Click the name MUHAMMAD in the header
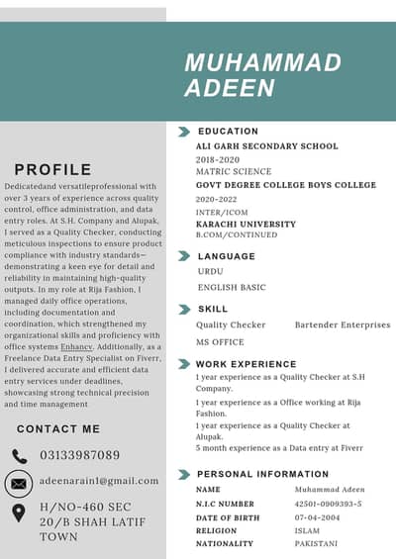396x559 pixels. pyautogui.click(x=262, y=63)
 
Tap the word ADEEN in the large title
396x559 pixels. pyautogui.click(x=229, y=88)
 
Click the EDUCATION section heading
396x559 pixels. pyautogui.click(x=228, y=131)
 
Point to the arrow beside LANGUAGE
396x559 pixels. pyautogui.click(x=184, y=255)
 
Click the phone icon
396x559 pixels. pyautogui.click(x=20, y=456)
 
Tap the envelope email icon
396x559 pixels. pyautogui.click(x=19, y=483)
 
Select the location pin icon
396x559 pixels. pyautogui.click(x=19, y=513)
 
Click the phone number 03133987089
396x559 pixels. pyautogui.click(x=80, y=456)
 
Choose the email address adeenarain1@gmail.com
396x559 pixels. pyautogui.click(x=99, y=481)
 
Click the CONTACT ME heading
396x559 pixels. pyautogui.click(x=58, y=429)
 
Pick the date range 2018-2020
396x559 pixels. pyautogui.click(x=218, y=159)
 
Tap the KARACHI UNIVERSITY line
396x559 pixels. pyautogui.click(x=246, y=224)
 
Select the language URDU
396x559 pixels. pyautogui.click(x=210, y=270)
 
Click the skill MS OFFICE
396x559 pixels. pyautogui.click(x=220, y=341)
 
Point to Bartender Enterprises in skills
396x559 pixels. pyautogui.click(x=342, y=325)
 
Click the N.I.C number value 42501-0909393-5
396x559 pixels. pyautogui.click(x=328, y=504)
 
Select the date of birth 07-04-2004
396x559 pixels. pyautogui.click(x=319, y=516)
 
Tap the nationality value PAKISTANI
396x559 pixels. pyautogui.click(x=316, y=543)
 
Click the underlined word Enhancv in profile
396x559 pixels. pyautogui.click(x=76, y=347)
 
